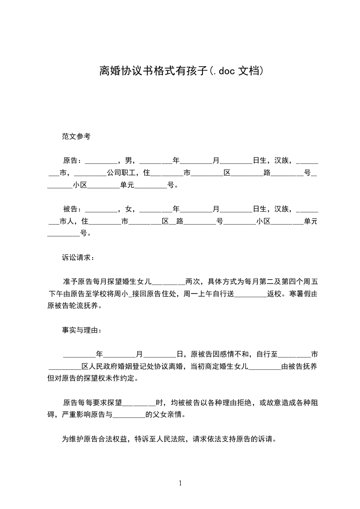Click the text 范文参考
[x=76, y=136]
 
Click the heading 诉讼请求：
[x=78, y=258]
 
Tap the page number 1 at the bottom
[x=180, y=483]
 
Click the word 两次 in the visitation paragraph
[x=192, y=281]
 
